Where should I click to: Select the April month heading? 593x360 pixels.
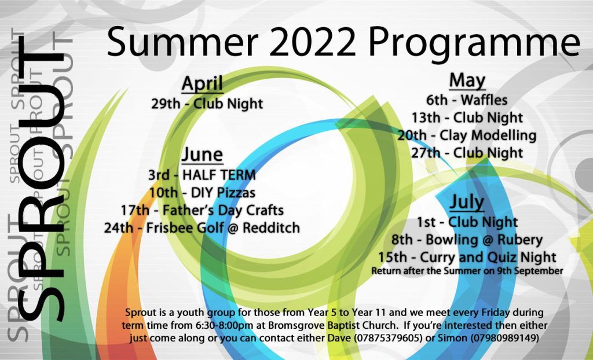(x=202, y=85)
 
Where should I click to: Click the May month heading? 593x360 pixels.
(x=467, y=80)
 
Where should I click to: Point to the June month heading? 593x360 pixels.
(x=202, y=155)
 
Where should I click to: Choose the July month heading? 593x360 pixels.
(x=467, y=203)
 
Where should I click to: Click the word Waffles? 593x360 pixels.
(x=484, y=100)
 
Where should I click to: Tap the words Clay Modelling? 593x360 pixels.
(x=488, y=135)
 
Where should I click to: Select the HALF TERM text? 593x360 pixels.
(x=219, y=175)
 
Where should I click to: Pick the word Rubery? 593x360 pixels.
(x=522, y=240)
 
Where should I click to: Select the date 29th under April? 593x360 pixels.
(x=166, y=104)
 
